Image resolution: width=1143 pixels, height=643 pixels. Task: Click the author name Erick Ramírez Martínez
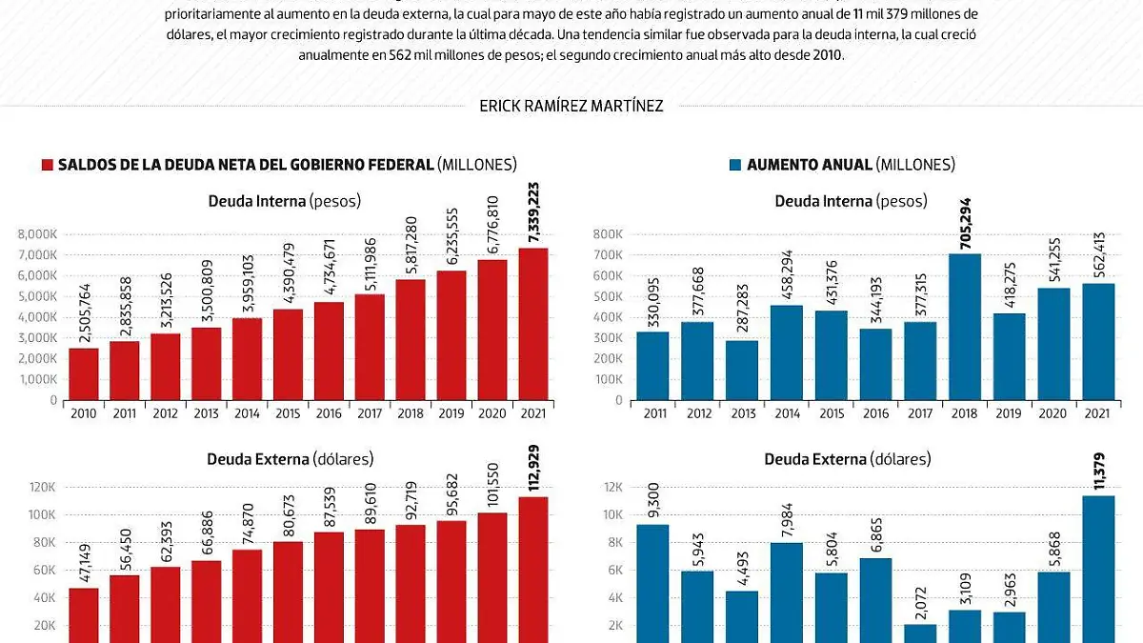click(x=571, y=106)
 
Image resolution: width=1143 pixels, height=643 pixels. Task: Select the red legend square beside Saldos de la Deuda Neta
click(x=48, y=165)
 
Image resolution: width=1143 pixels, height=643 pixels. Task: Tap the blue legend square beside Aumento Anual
click(x=734, y=165)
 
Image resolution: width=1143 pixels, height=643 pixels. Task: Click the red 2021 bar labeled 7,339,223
click(x=532, y=324)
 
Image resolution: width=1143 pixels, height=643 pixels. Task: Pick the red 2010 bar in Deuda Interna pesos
click(x=83, y=373)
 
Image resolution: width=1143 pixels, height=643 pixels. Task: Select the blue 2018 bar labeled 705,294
click(x=965, y=326)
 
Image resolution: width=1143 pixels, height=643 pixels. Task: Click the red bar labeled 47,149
click(x=83, y=614)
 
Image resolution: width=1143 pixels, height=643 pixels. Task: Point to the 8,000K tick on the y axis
click(x=39, y=234)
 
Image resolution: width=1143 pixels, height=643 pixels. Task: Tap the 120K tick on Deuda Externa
click(x=44, y=487)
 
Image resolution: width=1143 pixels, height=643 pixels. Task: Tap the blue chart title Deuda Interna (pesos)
click(x=850, y=201)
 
